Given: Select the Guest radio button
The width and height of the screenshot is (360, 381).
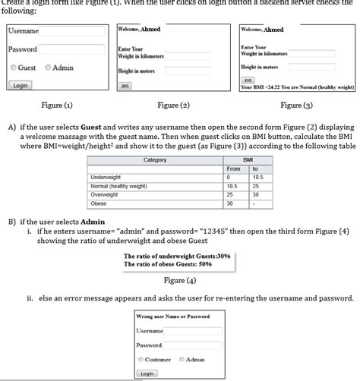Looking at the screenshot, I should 14,68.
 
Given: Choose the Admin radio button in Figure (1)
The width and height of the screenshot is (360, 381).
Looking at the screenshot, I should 48,68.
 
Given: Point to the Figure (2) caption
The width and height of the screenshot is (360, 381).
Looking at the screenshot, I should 173,105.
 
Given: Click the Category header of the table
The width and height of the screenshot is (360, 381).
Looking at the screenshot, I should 155,160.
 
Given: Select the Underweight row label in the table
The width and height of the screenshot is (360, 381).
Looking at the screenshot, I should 107,177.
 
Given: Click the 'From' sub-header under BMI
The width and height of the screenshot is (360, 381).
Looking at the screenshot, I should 233,168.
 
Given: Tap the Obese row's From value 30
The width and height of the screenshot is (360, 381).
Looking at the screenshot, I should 230,203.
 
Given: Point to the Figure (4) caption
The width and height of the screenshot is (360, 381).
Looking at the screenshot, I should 179,281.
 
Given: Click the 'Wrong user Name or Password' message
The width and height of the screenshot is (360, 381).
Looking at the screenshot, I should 173,316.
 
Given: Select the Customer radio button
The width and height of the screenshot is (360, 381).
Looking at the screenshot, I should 141,359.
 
